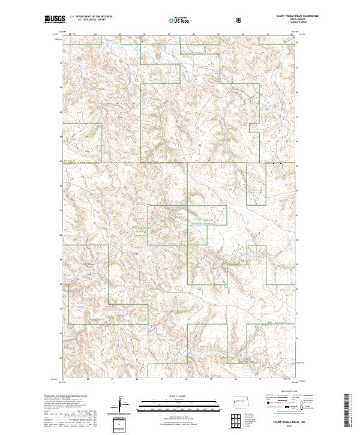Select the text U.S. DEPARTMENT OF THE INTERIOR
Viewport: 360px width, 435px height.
[91, 17]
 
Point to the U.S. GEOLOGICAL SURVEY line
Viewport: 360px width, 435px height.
[85, 20]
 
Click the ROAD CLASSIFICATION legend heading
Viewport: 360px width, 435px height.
[281, 394]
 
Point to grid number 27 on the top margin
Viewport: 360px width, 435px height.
[170, 34]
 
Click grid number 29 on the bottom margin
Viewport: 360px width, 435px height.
[211, 379]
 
